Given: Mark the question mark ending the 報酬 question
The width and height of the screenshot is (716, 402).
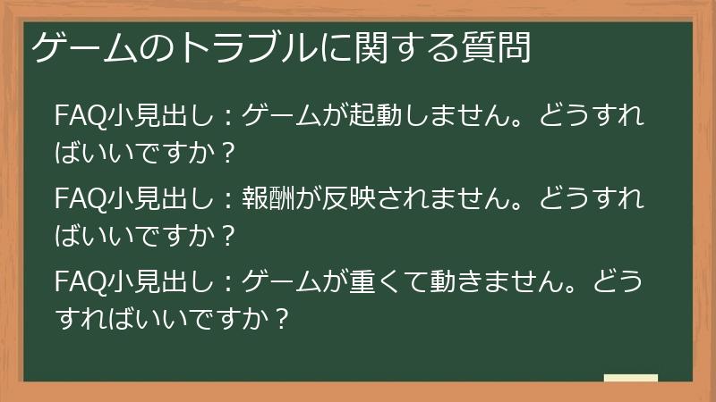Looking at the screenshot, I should pyautogui.click(x=228, y=235).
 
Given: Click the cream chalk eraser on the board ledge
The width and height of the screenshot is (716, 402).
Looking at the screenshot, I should pyautogui.click(x=630, y=378).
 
